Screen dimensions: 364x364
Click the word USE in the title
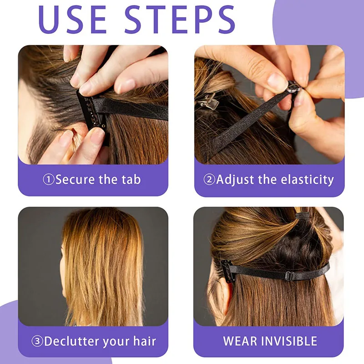[72, 19]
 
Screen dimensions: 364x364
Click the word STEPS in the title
[180, 19]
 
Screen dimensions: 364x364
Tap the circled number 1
[49, 179]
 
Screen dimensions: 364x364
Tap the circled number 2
[209, 179]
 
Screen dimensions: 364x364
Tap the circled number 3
[37, 341]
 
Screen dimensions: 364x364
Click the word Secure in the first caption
[75, 179]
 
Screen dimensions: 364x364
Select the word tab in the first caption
[131, 179]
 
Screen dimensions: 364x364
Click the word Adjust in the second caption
[235, 180]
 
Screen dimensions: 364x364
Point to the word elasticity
[307, 180]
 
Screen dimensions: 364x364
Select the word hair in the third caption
[144, 341]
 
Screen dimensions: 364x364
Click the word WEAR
[240, 341]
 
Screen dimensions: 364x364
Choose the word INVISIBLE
[289, 341]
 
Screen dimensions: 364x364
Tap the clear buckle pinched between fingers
[293, 87]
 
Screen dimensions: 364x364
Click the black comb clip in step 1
[92, 114]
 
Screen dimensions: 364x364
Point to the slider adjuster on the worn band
[289, 276]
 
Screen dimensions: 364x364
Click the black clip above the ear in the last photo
[227, 271]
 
